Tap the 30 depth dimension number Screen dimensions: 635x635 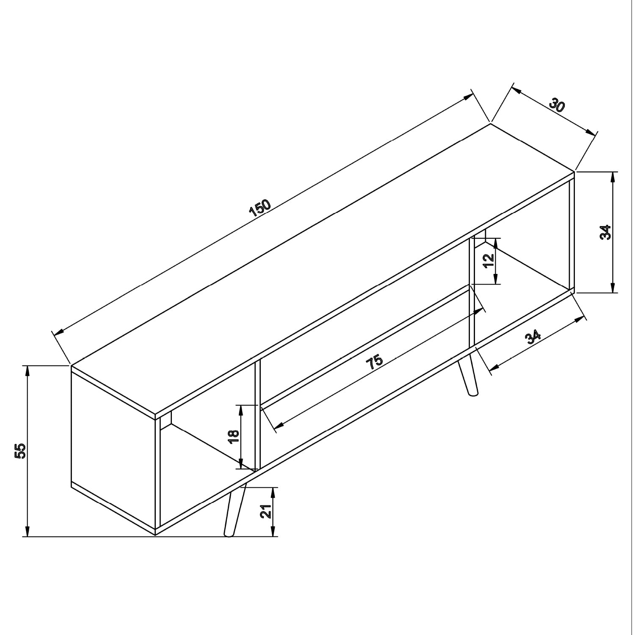pyautogui.click(x=557, y=105)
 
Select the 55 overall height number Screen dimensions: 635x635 pyautogui.click(x=20, y=451)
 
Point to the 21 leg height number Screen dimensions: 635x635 pyautogui.click(x=266, y=512)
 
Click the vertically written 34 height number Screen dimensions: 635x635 pyautogui.click(x=606, y=232)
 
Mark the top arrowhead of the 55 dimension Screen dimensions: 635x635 pyautogui.click(x=28, y=370)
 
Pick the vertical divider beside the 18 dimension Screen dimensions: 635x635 pyautogui.click(x=257, y=415)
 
